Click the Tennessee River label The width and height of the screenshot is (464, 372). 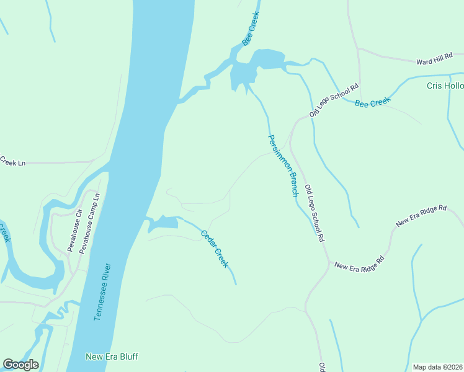coord(103,291)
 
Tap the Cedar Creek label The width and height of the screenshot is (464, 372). coord(215,249)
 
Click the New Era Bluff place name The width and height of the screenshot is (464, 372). coord(112,356)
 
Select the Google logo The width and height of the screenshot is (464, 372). coord(20,364)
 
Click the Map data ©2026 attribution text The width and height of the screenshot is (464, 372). coord(437,367)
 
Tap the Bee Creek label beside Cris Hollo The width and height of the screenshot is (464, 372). coord(372,102)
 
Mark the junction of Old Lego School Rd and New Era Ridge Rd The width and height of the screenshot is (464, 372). coord(328,262)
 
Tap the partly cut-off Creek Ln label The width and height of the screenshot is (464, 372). coord(12,162)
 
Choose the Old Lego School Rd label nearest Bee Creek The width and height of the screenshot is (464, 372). coord(334,100)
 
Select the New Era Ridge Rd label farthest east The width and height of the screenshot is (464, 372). coord(421,216)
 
